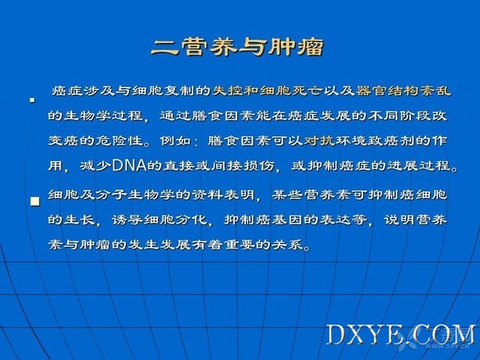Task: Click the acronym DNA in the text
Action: pos(130,165)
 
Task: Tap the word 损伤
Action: pos(259,165)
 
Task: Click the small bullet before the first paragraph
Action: pos(32,100)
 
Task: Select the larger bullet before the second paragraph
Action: pos(35,202)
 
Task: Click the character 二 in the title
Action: pos(164,47)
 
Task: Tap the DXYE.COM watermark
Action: pos(401,334)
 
